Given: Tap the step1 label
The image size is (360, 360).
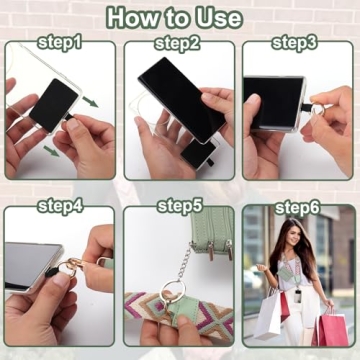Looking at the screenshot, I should click(60, 42).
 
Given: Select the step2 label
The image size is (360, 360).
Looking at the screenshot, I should click(178, 43).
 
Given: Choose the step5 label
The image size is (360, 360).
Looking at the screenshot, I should click(179, 206).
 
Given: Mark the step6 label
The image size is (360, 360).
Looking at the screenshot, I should click(298, 207).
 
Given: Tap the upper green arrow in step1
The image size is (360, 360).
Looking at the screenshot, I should click(91, 100).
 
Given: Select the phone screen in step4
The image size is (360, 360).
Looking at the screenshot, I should click(30, 263).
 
